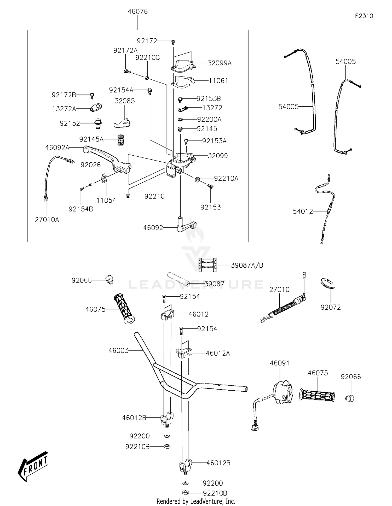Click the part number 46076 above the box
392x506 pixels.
[138, 11]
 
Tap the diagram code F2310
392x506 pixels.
[364, 16]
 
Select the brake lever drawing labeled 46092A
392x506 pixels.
[107, 159]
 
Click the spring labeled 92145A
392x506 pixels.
[120, 140]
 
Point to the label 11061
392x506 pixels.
[218, 81]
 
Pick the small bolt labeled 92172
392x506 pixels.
[173, 41]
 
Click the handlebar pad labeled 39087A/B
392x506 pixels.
[207, 265]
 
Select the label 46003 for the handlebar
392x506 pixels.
[119, 350]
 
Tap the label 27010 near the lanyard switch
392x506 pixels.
[280, 290]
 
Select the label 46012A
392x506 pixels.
[218, 353]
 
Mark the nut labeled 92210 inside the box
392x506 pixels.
[128, 196]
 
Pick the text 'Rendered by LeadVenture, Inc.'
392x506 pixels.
[196, 501]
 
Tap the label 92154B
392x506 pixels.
[81, 209]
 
